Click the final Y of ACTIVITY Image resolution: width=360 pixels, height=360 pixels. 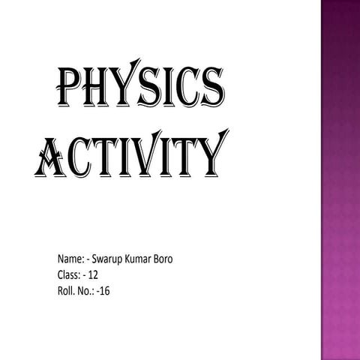[x=210, y=155]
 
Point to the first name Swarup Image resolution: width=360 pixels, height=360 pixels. [x=109, y=260]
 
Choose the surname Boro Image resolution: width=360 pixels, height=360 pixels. [x=172, y=259]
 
